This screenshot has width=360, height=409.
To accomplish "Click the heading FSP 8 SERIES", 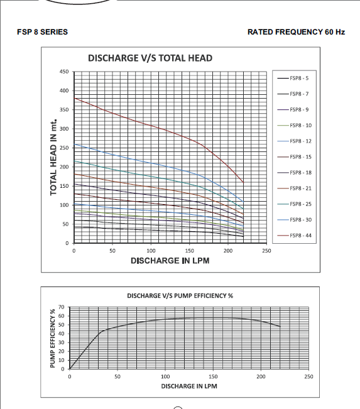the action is pos(42,32).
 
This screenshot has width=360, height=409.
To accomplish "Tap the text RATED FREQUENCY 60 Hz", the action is pos(296,32).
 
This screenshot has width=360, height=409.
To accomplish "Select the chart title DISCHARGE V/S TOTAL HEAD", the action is pos(150,58).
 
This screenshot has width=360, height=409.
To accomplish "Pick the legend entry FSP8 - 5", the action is pos(293,79).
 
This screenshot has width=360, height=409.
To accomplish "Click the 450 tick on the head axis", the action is pos(64,72).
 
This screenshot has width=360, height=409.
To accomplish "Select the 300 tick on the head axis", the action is pos(64,129).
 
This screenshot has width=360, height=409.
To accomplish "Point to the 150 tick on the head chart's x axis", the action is pos(189,251).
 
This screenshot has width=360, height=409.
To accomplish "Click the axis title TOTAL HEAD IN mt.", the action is pos(53,157).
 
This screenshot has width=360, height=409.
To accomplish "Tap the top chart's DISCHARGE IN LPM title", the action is pos(170,261).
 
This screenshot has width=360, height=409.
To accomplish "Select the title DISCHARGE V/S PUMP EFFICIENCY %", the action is pos(180,296).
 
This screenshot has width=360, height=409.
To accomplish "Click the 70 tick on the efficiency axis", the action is pos(62,307).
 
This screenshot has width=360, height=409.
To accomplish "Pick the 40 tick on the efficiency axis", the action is pos(62,334).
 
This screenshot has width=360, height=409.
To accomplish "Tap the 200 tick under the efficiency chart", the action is pos(261,376).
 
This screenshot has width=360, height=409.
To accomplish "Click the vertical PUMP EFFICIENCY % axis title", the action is pos(52,338).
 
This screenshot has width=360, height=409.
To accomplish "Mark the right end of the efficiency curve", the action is pos(280,327).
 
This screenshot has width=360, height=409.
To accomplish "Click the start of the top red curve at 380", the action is pos(74,98).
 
